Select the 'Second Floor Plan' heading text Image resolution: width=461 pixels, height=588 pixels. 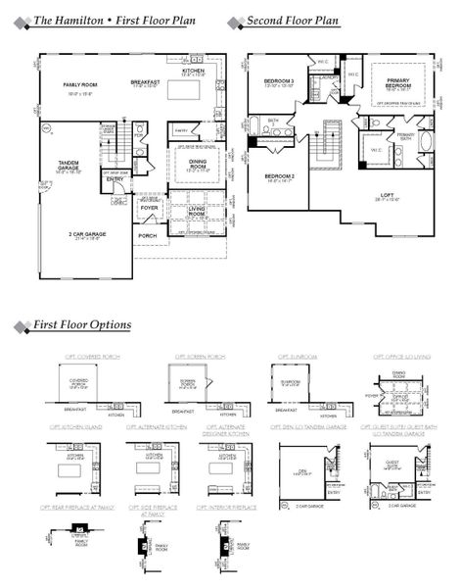[x=291, y=21]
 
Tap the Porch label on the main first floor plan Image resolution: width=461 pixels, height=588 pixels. [x=148, y=235]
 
